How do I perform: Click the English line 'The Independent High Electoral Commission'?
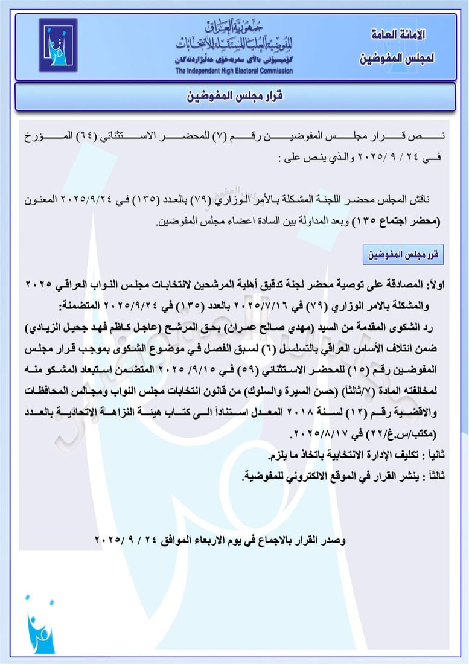234,71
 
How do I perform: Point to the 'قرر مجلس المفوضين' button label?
403,255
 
